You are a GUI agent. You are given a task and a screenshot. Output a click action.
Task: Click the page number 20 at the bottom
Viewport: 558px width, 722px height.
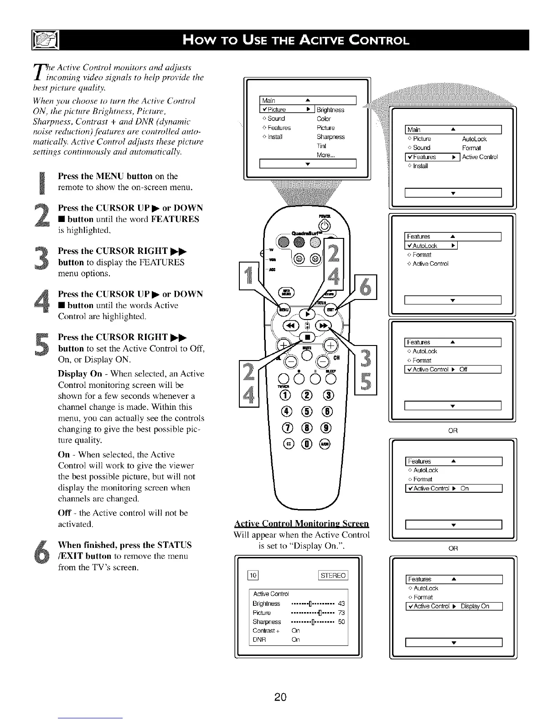point(280,697)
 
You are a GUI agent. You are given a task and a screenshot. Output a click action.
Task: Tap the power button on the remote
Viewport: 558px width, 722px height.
point(325,225)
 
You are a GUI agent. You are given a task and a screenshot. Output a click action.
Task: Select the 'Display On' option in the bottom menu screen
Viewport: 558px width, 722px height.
point(474,606)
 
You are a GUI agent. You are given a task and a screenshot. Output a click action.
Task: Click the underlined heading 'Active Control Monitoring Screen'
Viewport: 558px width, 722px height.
point(301,523)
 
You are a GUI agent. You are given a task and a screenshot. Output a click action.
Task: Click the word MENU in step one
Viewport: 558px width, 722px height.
point(108,176)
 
